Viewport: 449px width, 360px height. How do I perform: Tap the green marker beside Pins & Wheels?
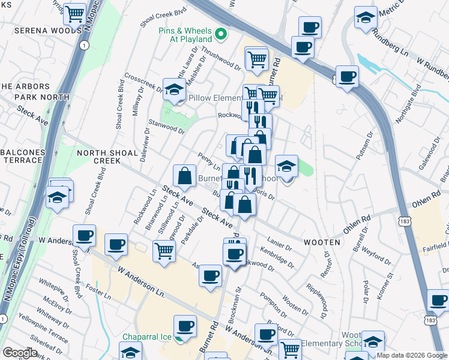click(220, 33)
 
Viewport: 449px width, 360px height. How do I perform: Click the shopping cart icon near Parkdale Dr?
click(163, 250)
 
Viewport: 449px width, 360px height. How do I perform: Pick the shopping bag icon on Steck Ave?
click(184, 175)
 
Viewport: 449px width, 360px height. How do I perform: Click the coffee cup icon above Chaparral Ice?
click(185, 326)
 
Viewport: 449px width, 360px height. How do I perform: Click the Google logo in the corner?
click(20, 353)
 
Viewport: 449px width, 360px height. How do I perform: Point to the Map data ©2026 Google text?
click(412, 355)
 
